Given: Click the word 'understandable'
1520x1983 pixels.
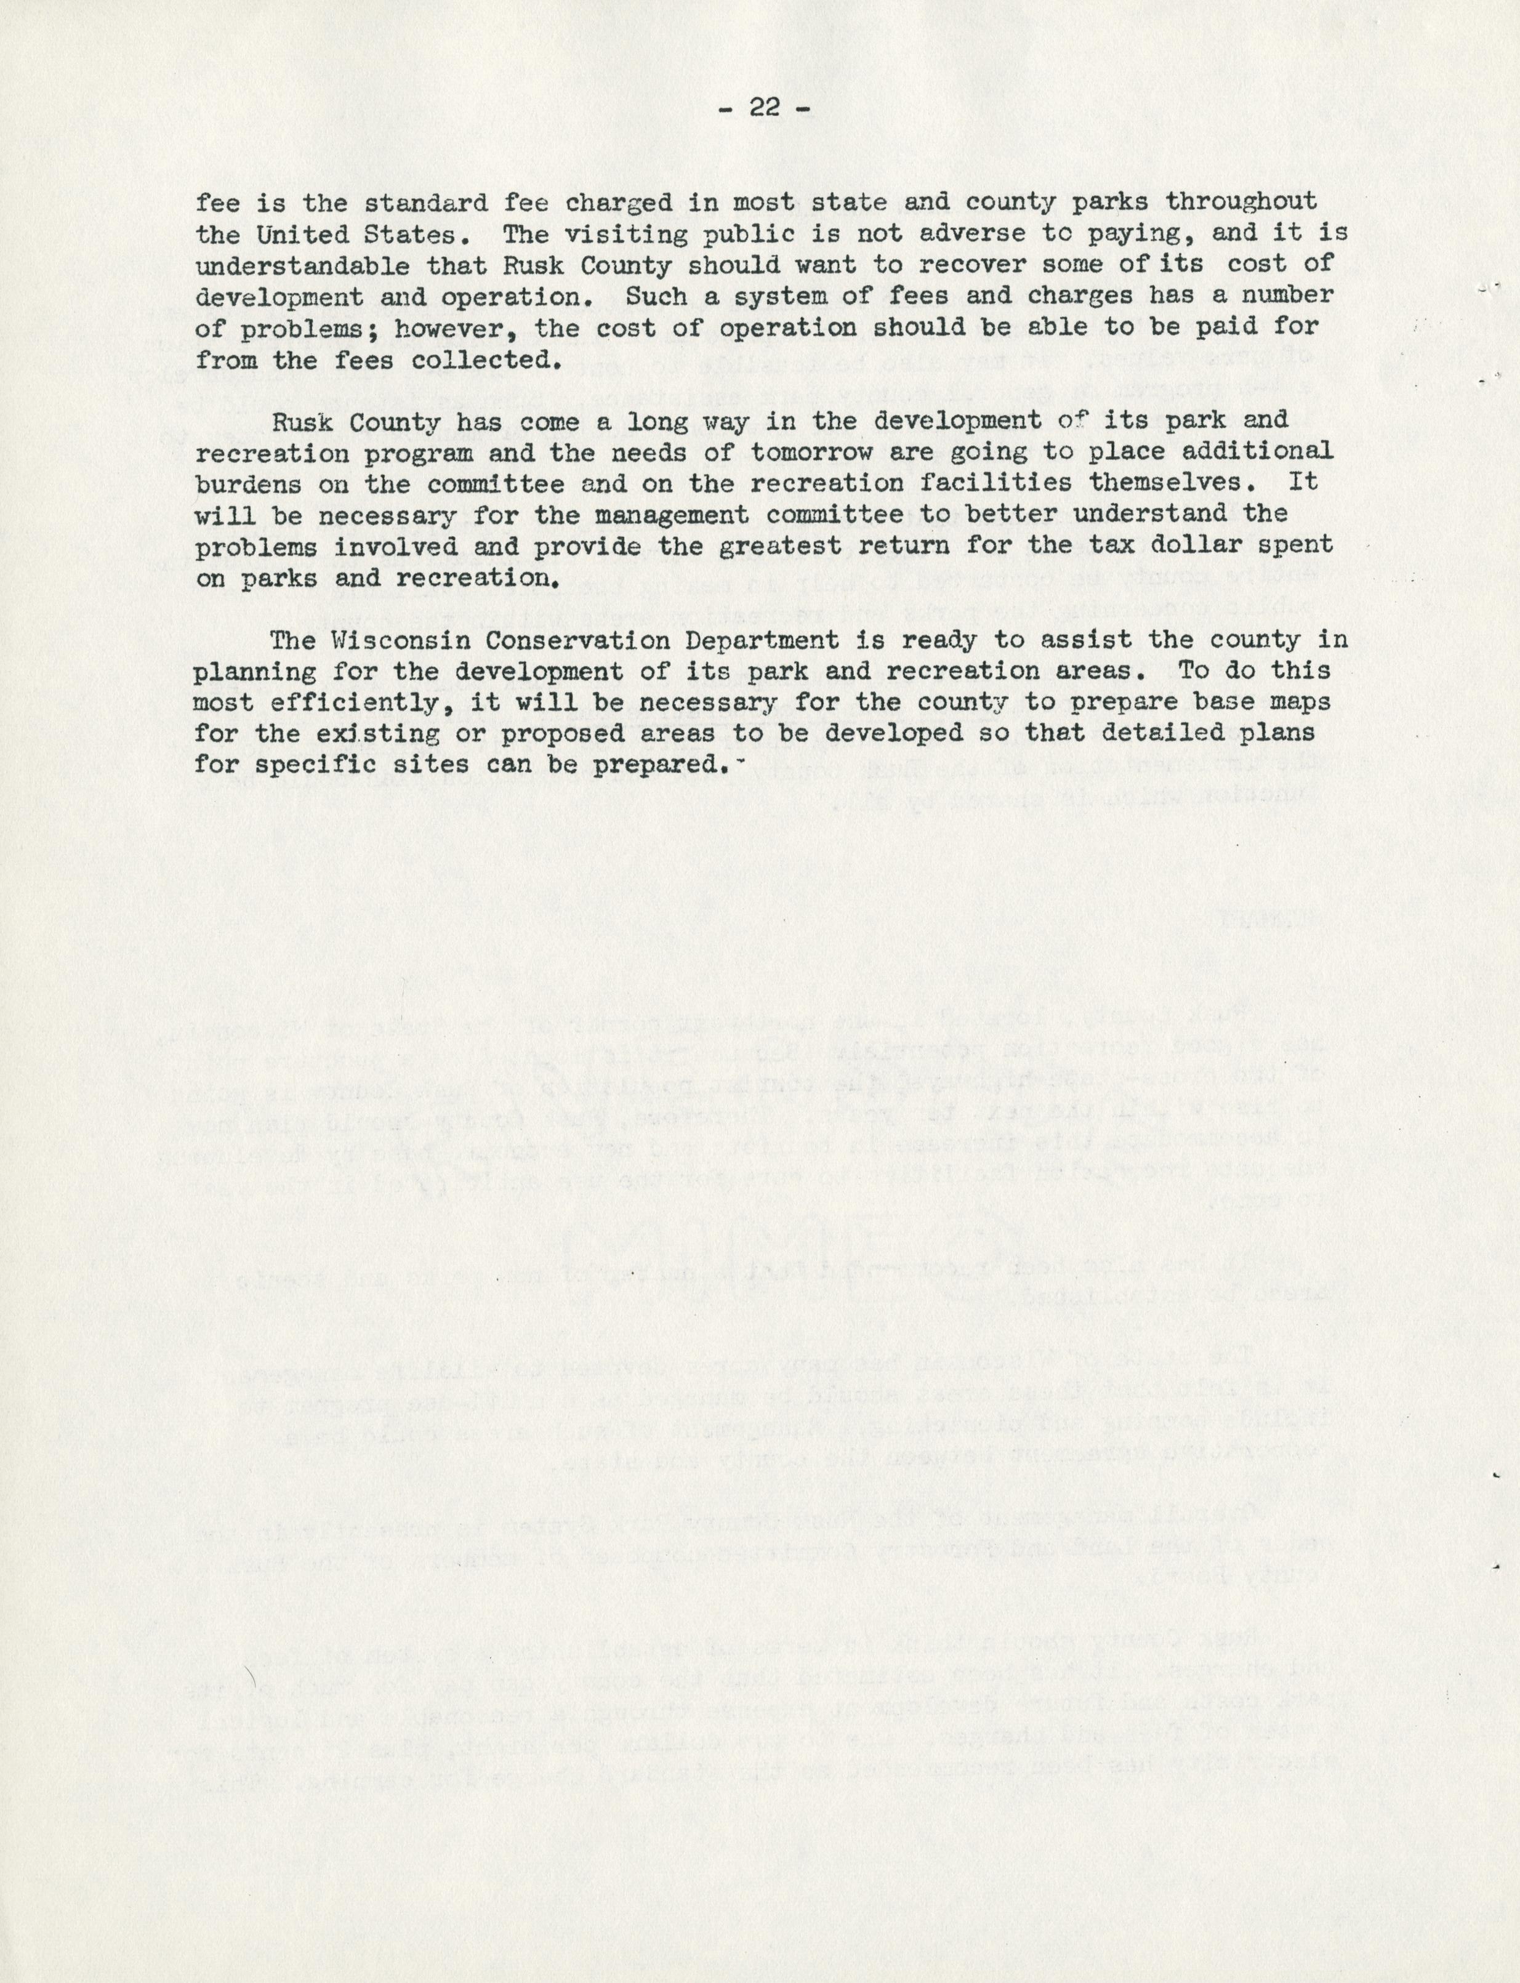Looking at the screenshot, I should [x=303, y=266].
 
